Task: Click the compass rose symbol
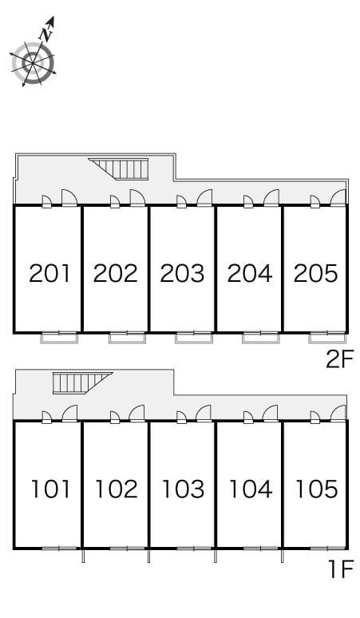pyautogui.click(x=33, y=59)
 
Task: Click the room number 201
pyautogui.click(x=49, y=274)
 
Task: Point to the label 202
pyautogui.click(x=116, y=274)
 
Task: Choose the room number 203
pyautogui.click(x=183, y=274)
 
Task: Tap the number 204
pyautogui.click(x=250, y=274)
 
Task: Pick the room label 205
pyautogui.click(x=315, y=274)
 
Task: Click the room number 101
pyautogui.click(x=50, y=488)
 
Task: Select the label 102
pyautogui.click(x=117, y=488)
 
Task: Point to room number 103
pyautogui.click(x=183, y=488)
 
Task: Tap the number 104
pyautogui.click(x=250, y=488)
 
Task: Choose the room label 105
pyautogui.click(x=316, y=488)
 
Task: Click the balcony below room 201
pyautogui.click(x=60, y=337)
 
